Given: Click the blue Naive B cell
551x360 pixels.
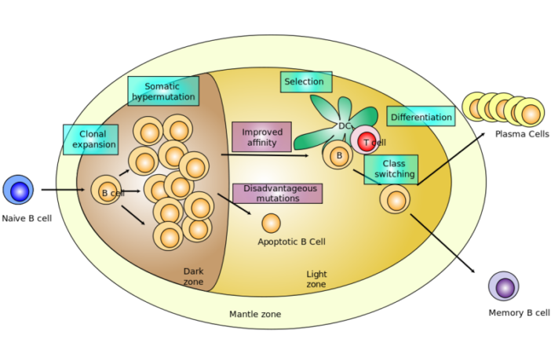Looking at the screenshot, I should pos(18,190).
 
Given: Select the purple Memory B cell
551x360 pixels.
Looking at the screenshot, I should pos(503,286).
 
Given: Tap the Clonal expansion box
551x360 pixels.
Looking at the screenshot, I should pos(91,140).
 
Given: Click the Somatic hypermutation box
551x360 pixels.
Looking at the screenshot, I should pos(163,91).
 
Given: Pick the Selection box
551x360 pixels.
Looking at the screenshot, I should pos(305,82).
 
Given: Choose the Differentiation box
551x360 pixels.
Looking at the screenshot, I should pos(421,117).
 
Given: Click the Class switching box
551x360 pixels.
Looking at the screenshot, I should pos(391,169).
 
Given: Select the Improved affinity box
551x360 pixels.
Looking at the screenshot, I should pos(261,136).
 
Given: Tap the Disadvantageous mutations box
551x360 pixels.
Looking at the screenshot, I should pos(277,194).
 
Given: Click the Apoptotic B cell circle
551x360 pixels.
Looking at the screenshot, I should pos(271,224).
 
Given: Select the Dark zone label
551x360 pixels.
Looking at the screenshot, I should pos(193,276).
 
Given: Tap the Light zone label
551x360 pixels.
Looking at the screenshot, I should pos(316,279).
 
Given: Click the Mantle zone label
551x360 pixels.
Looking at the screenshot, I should pos(255,315).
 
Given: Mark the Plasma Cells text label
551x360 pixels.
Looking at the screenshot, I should pos(522,134).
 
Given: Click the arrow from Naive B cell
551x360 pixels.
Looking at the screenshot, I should pos(63,189).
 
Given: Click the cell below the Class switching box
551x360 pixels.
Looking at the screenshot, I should pos(395,199).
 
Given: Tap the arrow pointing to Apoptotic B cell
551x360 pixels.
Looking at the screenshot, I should pos(235,204).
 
